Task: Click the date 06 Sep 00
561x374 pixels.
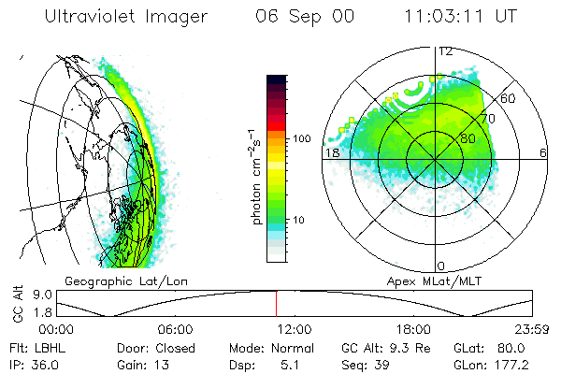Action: click(x=304, y=17)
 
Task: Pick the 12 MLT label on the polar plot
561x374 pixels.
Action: click(x=445, y=51)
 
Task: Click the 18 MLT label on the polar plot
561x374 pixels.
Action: click(x=331, y=152)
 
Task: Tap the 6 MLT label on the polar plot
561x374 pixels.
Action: click(x=543, y=152)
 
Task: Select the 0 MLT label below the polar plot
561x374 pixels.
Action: click(x=441, y=266)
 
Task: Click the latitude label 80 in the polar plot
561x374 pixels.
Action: click(x=467, y=138)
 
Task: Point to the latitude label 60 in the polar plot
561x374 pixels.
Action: click(x=509, y=98)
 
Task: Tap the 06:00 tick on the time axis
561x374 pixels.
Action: click(x=176, y=329)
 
